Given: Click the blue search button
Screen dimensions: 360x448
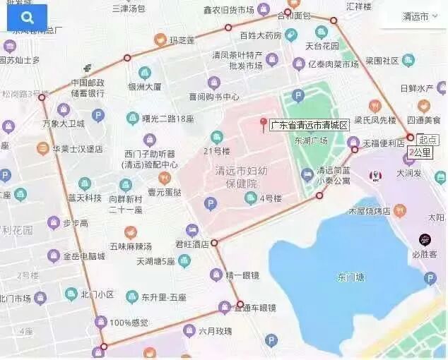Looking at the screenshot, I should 27,17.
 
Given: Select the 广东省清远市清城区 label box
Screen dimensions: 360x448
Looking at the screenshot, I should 310,125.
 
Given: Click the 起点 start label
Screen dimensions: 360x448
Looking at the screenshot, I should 428,139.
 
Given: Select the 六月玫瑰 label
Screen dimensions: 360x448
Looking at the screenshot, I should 215,330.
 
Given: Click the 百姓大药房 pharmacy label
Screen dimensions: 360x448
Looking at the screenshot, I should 260,35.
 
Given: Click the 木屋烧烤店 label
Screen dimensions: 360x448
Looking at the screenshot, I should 370,210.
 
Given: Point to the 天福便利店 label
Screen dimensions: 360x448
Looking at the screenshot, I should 384,143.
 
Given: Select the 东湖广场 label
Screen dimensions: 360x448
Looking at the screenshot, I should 311,140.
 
